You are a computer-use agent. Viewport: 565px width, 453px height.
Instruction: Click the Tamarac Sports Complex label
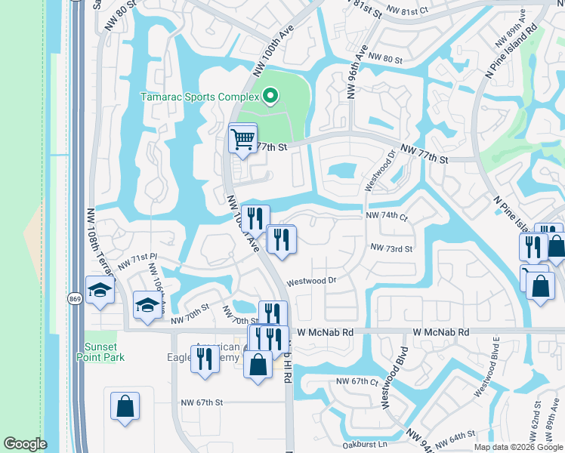point(199,97)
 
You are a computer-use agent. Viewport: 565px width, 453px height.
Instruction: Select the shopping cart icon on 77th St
point(242,139)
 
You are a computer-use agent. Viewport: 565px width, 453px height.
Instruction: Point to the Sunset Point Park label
point(103,352)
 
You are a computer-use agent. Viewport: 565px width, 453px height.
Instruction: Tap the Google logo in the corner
point(25,444)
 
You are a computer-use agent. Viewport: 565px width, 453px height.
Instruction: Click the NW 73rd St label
point(391,248)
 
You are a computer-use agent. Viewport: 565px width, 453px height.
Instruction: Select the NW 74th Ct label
point(386,215)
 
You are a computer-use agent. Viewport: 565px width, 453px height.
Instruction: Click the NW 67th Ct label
point(357,382)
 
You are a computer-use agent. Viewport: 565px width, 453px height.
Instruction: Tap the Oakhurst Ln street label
point(364,444)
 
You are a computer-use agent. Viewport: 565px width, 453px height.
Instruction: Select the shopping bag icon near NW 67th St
point(125,406)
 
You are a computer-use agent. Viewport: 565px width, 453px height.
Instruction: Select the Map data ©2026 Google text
point(517,447)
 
